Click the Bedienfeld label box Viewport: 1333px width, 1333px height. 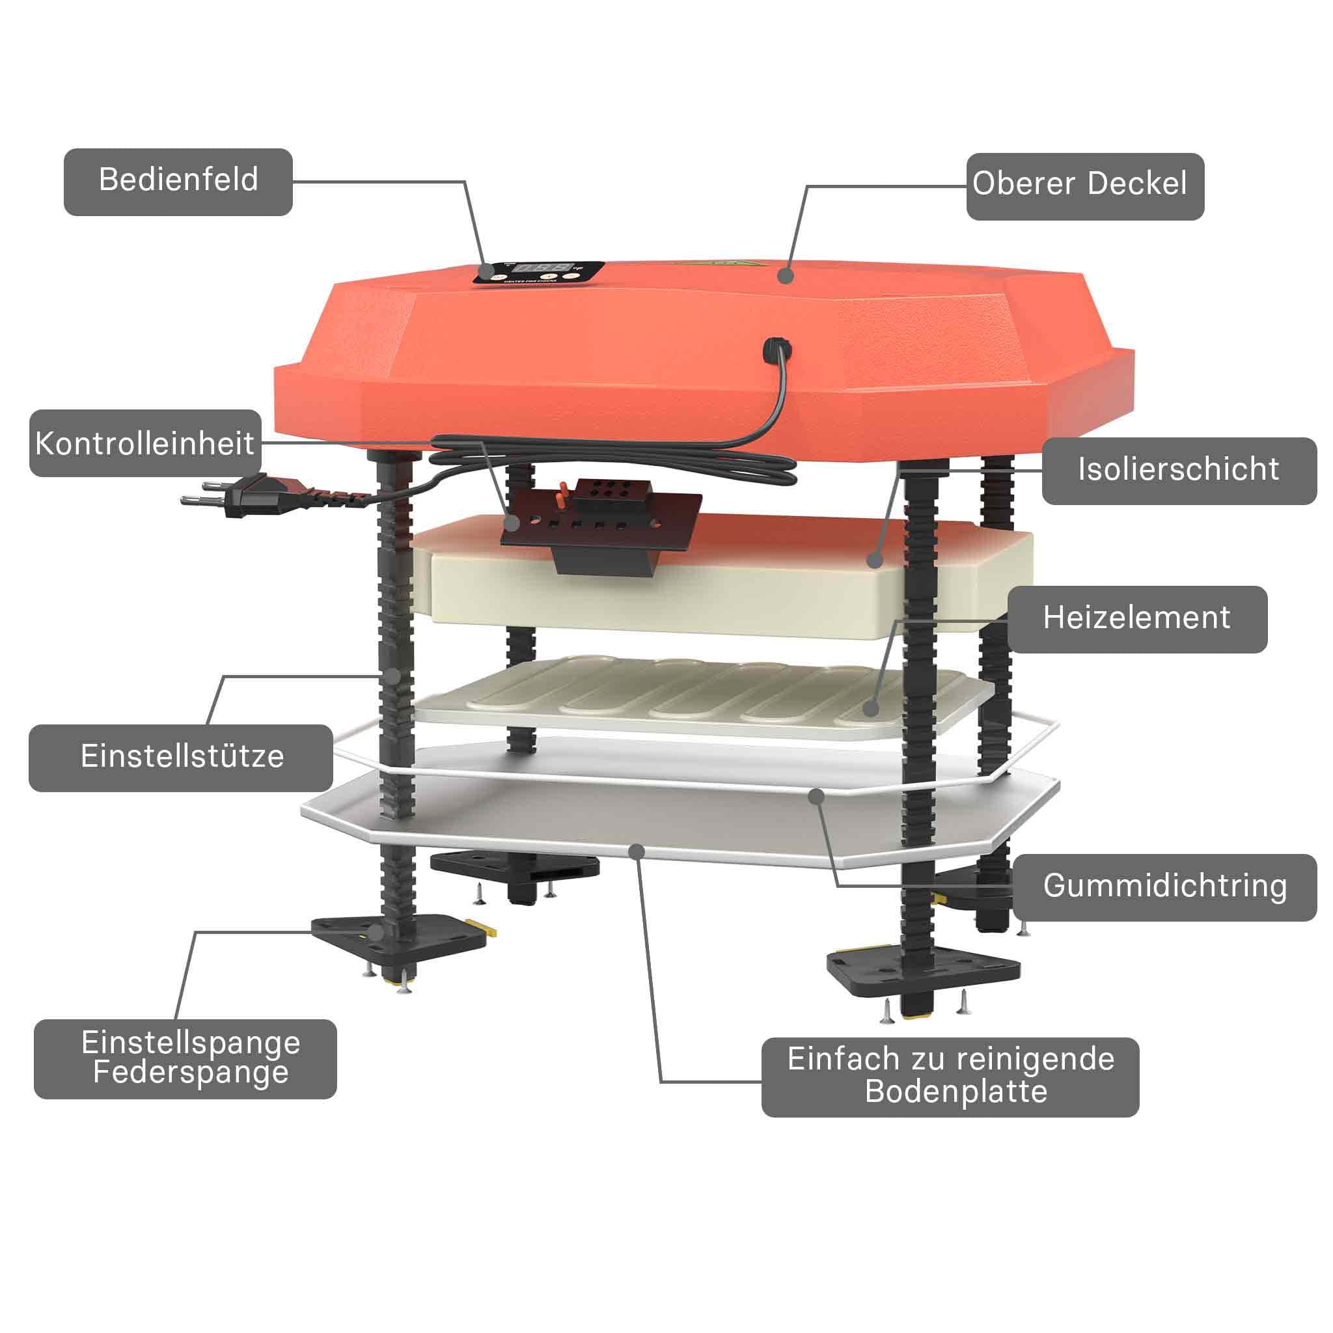coord(178,182)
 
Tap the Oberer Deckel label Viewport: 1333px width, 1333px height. coord(1085,186)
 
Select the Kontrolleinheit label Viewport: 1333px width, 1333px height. coord(145,443)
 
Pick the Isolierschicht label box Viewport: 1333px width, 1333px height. coord(1179,471)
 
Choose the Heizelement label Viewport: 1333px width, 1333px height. coord(1137,619)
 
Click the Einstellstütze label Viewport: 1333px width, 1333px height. coord(181,758)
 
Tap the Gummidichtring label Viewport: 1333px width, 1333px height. coord(1165,887)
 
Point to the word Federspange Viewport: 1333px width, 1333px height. coord(191,1072)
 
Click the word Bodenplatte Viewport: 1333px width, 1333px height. coord(956,1092)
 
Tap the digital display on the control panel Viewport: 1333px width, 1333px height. coord(544,268)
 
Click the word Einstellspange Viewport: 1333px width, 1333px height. coord(191,1042)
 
